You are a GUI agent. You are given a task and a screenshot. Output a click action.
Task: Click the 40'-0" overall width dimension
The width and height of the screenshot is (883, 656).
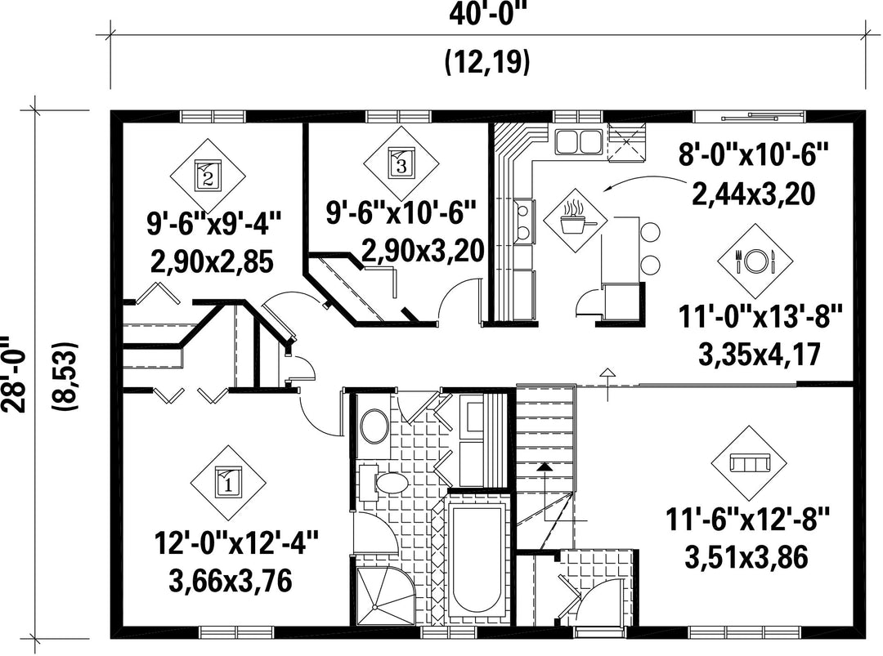487,14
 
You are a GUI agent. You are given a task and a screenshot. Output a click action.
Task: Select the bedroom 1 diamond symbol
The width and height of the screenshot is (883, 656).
228,484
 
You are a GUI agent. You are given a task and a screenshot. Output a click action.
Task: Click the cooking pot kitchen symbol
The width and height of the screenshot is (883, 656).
575,221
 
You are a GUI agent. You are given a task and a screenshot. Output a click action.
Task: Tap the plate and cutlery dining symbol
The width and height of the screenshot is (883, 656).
755,261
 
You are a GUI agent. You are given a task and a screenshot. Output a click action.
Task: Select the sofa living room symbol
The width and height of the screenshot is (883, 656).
750,463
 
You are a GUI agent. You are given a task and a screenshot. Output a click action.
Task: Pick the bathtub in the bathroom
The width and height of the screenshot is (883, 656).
478,560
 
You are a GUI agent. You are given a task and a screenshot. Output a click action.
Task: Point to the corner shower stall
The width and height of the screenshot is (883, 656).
384,596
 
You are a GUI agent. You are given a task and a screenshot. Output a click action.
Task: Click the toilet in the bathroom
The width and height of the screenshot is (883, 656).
384,482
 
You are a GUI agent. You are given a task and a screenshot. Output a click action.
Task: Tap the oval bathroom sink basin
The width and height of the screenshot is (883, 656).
374,426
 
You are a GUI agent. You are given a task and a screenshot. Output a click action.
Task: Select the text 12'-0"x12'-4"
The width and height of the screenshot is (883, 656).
236,545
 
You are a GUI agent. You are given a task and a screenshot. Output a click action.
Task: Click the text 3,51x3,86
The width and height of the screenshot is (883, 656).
746,557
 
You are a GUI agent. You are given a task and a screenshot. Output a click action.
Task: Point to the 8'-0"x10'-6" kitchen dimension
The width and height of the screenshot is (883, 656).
754,154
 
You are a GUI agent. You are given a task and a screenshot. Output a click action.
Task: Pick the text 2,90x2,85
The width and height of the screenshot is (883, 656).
212,262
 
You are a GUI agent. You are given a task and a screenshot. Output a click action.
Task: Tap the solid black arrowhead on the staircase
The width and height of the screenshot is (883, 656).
544,466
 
